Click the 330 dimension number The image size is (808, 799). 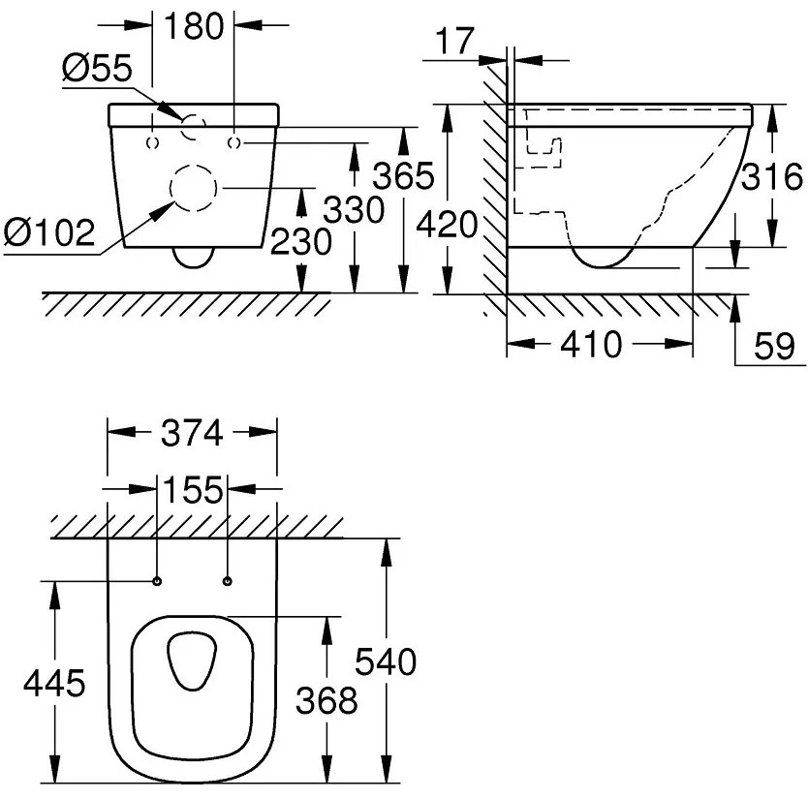click(353, 209)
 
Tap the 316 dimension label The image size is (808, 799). click(773, 177)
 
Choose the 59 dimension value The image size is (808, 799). click(772, 346)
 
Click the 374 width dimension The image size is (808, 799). click(192, 433)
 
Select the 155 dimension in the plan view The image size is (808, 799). click(192, 489)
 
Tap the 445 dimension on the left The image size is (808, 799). click(55, 683)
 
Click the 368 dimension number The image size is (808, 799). click(327, 699)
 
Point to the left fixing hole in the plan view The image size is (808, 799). click(156, 581)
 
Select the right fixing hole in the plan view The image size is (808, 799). click(228, 581)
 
